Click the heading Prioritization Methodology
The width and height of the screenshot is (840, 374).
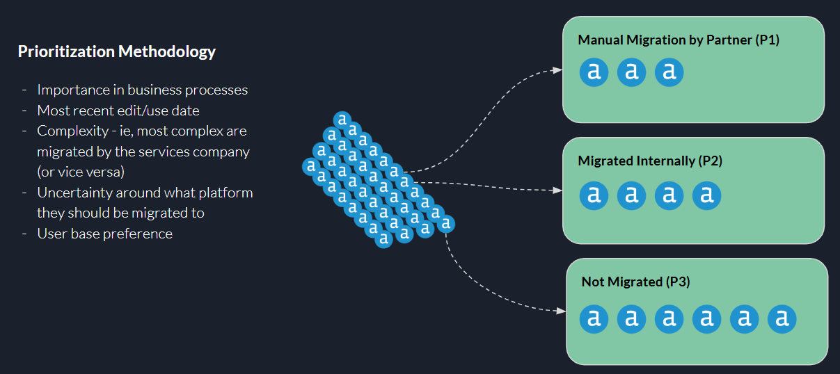(117, 51)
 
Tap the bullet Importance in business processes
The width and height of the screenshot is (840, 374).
(142, 90)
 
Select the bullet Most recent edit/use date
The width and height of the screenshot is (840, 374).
(118, 110)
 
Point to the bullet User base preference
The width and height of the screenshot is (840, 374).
(104, 234)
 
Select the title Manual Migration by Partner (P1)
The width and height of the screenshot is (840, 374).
(679, 40)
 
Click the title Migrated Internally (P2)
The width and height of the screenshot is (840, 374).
(650, 161)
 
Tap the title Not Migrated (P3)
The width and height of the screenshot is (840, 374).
(635, 282)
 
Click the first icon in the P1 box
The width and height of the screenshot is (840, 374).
(594, 72)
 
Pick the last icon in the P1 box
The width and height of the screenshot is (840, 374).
(669, 72)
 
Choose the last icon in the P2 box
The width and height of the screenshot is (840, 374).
(707, 195)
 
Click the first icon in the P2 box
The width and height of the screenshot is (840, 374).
(594, 195)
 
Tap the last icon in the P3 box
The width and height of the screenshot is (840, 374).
(782, 319)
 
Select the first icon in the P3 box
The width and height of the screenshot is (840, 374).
(594, 319)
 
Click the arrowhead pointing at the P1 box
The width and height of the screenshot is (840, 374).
(557, 70)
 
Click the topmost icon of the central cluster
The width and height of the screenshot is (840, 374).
(342, 120)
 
